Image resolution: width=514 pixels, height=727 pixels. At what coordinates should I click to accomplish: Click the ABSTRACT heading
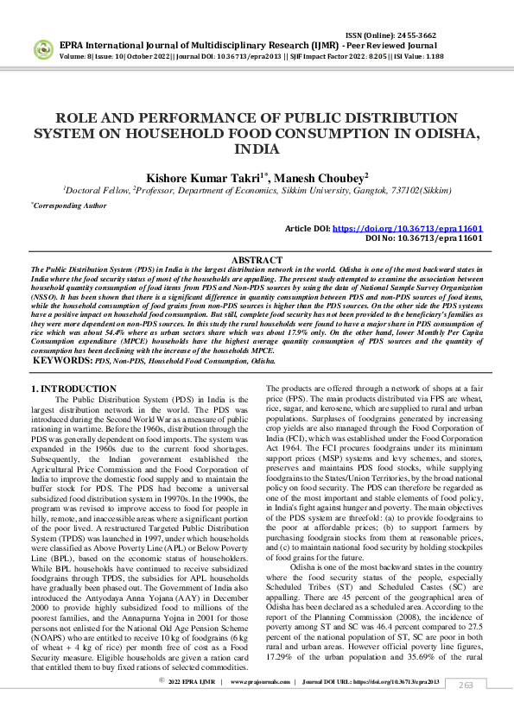coord(257,260)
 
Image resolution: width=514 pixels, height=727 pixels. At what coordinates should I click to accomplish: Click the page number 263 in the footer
coord(466,709)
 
